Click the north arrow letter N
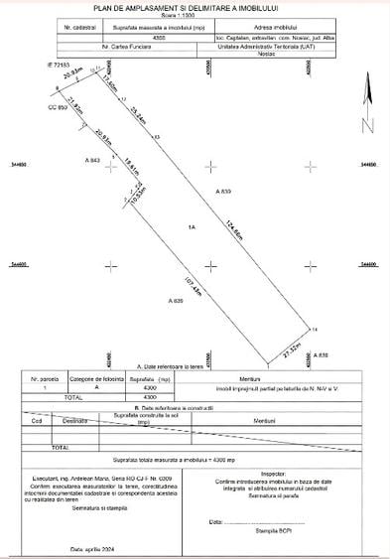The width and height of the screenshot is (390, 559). point(367,125)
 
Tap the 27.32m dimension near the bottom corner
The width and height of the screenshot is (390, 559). point(292,349)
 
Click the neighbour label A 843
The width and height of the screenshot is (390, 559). point(93,160)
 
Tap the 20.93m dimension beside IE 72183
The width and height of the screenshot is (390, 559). point(70,73)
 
